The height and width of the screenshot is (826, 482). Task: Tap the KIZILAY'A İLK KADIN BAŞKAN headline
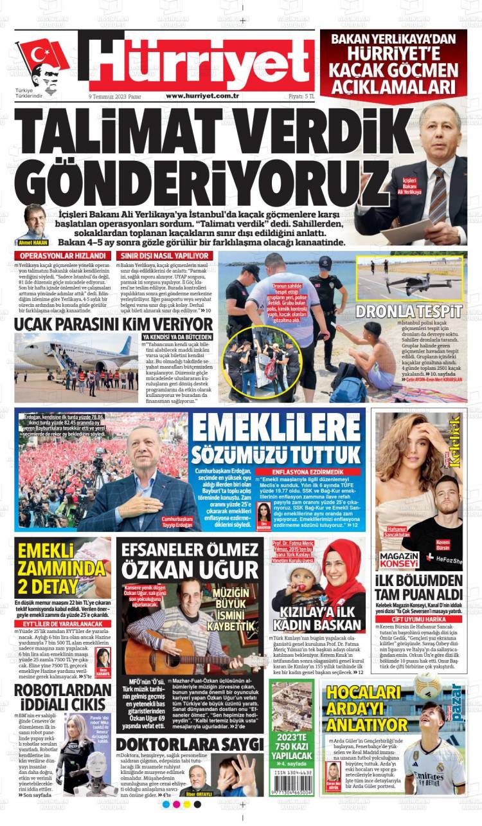[x=316, y=619]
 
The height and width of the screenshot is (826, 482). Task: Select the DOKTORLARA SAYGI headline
[x=190, y=744]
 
